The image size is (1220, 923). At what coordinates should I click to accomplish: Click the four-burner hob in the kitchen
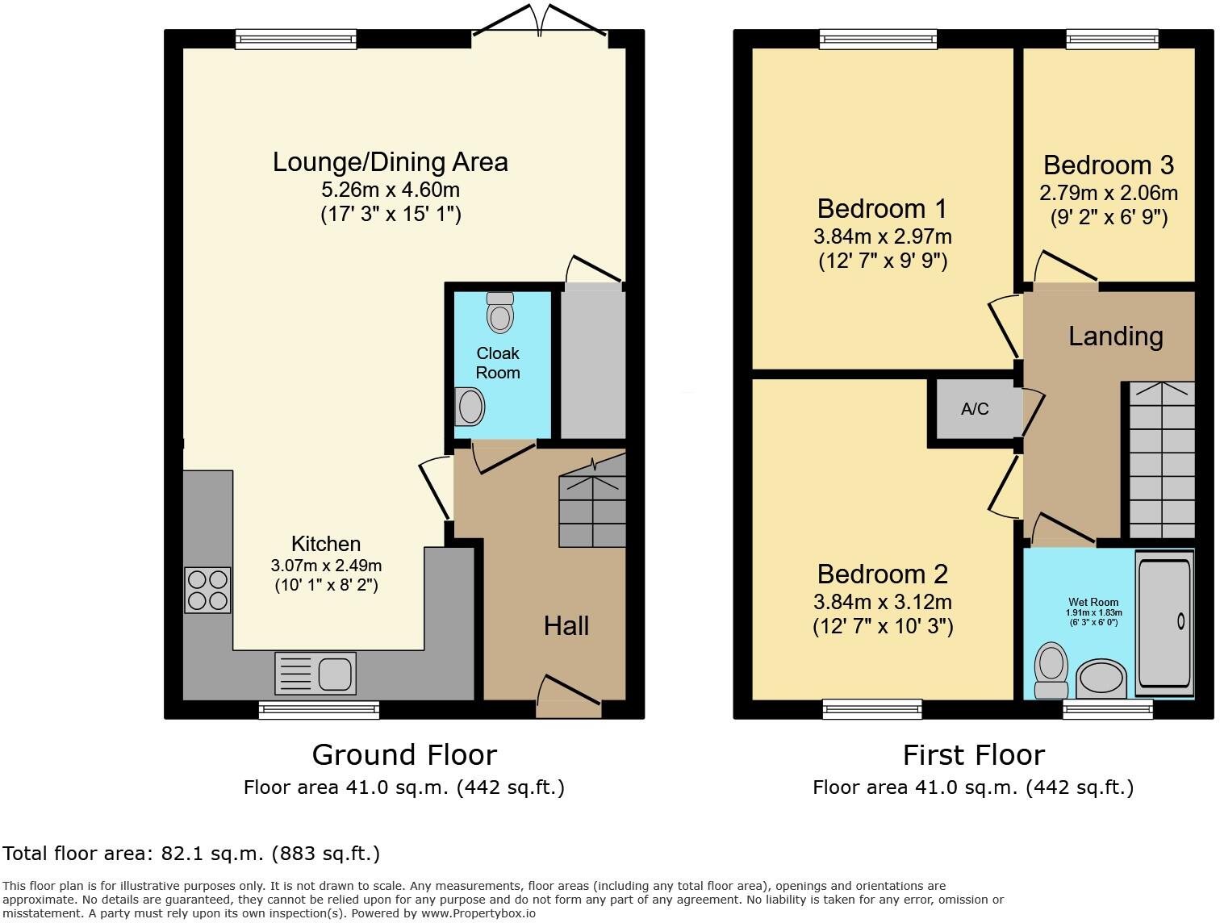click(207, 590)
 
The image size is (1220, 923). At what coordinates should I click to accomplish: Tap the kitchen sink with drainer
click(315, 674)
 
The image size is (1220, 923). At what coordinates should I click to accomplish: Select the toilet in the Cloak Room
click(499, 312)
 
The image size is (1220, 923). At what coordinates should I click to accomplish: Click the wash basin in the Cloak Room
click(470, 406)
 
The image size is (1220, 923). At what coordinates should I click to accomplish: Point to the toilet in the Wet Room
click(1051, 670)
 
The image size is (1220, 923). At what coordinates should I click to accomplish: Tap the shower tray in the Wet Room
click(1164, 623)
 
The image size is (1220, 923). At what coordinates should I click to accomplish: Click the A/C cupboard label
click(975, 409)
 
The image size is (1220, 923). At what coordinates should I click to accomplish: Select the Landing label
click(1116, 336)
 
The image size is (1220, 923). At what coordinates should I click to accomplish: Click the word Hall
click(566, 626)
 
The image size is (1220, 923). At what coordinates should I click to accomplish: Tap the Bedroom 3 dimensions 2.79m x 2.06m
click(1109, 193)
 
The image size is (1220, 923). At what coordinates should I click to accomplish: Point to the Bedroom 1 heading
click(882, 209)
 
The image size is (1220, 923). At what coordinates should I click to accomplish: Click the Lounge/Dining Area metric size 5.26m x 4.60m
click(391, 190)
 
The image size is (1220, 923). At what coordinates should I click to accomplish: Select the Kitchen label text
click(326, 544)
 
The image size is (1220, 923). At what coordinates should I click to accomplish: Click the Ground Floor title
click(404, 755)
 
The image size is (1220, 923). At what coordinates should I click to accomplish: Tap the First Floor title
click(974, 755)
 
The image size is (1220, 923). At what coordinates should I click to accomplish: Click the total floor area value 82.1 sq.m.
click(212, 854)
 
